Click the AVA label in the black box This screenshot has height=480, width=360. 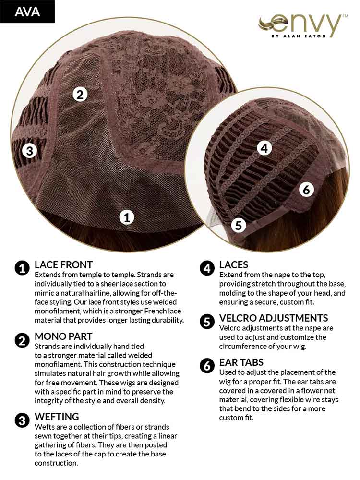(x=27, y=12)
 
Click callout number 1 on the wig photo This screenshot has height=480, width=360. (x=127, y=217)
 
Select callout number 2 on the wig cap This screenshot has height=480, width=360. (x=80, y=94)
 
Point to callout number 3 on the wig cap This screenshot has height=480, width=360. (x=30, y=151)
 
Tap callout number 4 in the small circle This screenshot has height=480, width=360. (x=264, y=148)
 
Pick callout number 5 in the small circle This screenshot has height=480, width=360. (x=239, y=225)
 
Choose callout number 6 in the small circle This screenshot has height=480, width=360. (x=306, y=190)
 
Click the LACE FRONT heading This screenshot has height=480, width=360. (x=63, y=265)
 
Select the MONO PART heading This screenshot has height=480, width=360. (x=63, y=336)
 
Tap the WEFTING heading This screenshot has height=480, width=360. (x=57, y=417)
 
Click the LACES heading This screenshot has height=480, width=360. (x=234, y=265)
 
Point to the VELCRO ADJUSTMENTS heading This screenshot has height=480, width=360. (x=274, y=318)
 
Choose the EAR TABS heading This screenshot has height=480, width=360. (x=241, y=362)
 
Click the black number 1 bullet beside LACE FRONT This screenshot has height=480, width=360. (x=22, y=268)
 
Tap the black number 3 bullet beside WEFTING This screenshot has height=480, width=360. (x=22, y=420)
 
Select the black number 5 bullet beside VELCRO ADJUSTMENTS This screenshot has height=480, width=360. (x=207, y=322)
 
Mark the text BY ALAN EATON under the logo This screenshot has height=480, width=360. (x=299, y=36)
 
